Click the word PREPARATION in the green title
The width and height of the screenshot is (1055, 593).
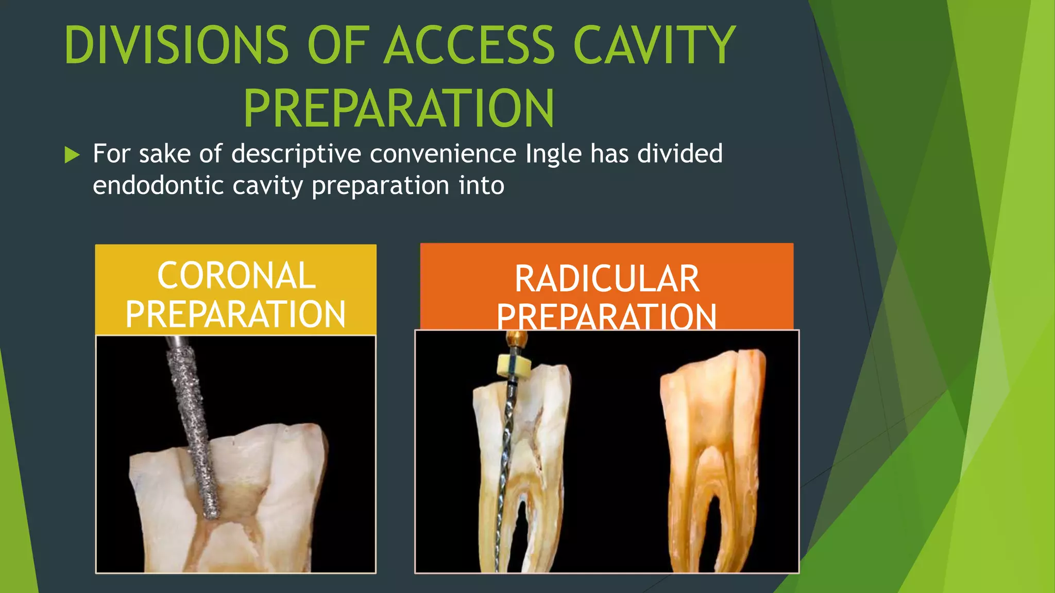[399, 108]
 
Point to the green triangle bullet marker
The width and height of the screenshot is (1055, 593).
[72, 154]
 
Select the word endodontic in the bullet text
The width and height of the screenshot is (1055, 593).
[158, 185]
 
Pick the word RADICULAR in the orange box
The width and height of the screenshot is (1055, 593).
[607, 279]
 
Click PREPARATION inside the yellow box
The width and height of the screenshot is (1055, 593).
[236, 315]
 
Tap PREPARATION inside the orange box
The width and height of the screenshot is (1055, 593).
[607, 317]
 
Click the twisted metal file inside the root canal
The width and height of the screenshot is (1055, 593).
[505, 463]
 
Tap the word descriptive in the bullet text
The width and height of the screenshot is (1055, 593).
[296, 154]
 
